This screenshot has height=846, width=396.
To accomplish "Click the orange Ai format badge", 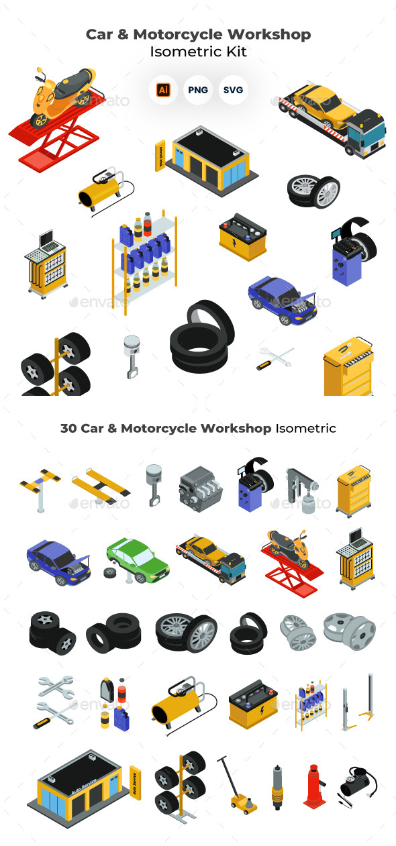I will point(163,90).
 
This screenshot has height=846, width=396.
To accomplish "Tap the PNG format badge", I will point(198,90).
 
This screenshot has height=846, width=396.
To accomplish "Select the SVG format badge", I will point(233,90).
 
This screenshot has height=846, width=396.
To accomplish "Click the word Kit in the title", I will point(236,52).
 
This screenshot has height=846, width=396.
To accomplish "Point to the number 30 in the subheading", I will point(68,428).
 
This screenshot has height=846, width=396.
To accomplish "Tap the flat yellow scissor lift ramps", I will point(101,484).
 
